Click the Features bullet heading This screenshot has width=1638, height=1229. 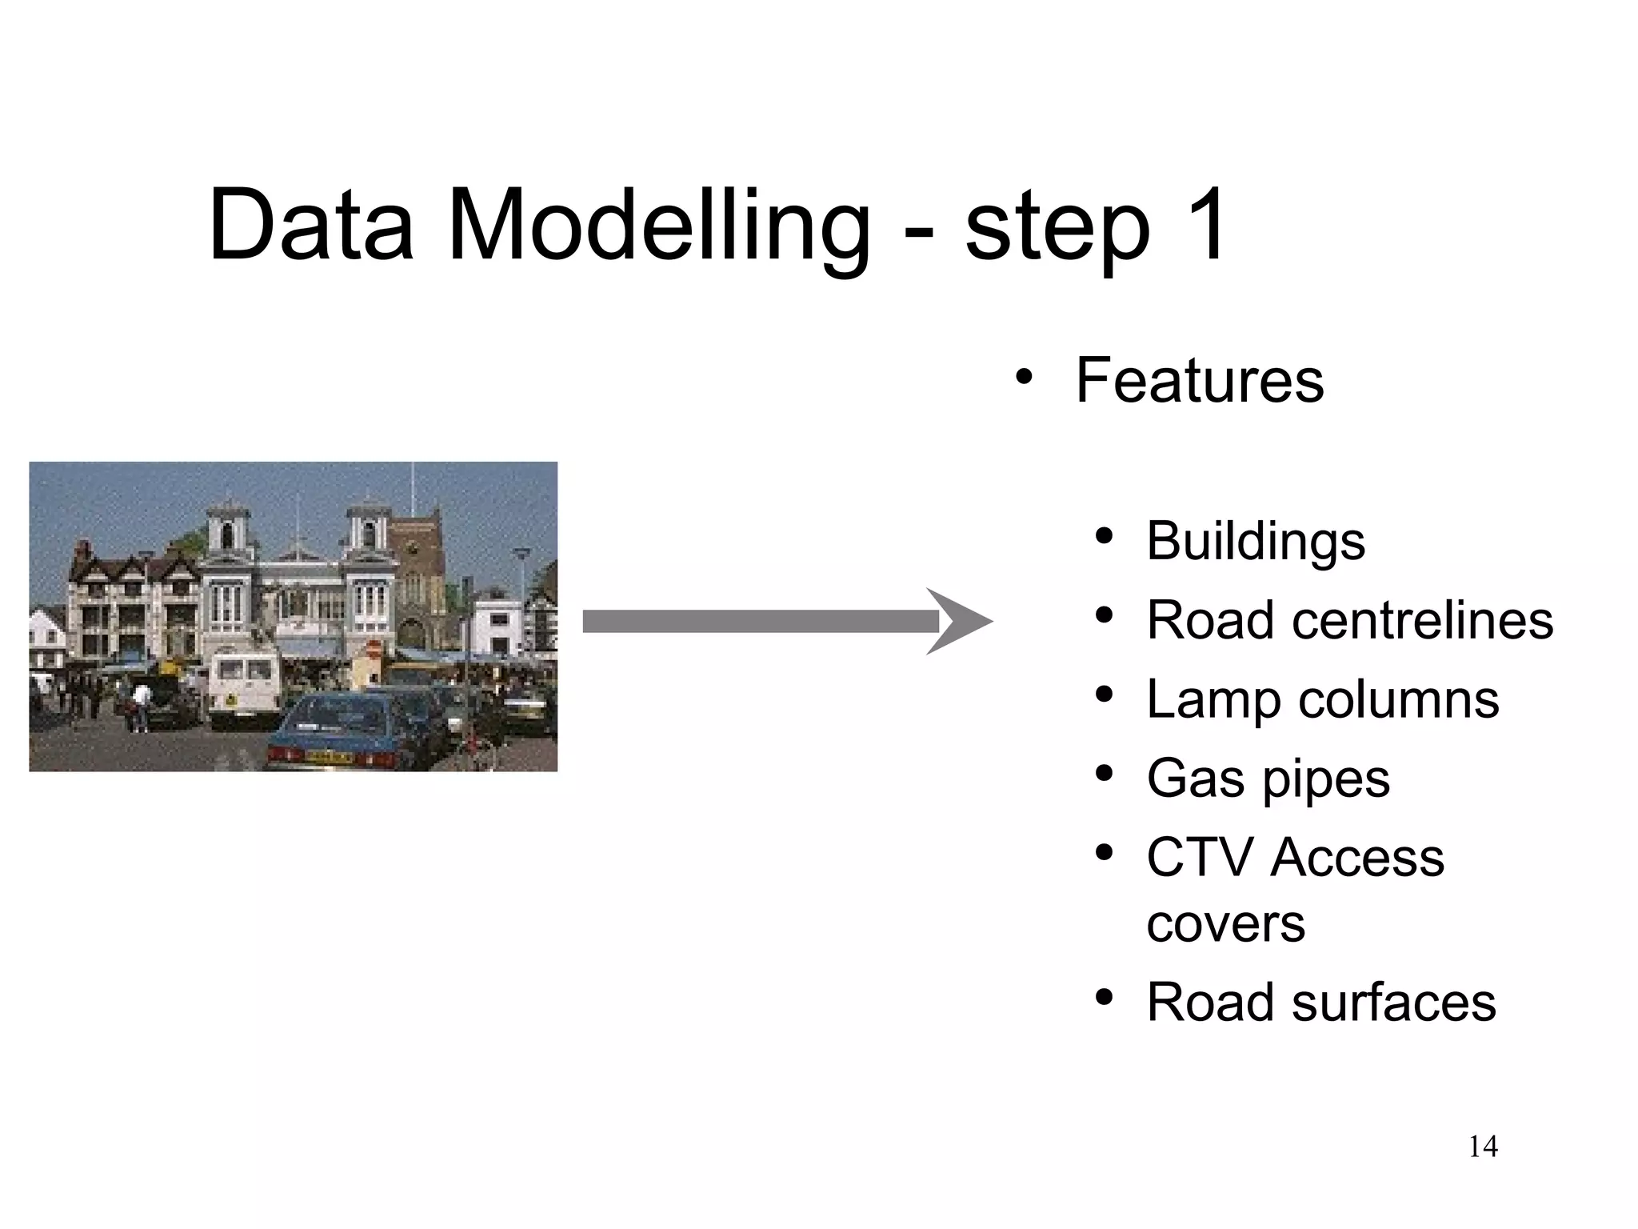pyautogui.click(x=1199, y=380)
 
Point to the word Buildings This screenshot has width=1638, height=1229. pyautogui.click(x=1255, y=542)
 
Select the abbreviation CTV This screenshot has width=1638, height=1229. pyautogui.click(x=1201, y=859)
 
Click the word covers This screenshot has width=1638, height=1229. pyautogui.click(x=1225, y=925)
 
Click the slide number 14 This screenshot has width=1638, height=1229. pyautogui.click(x=1483, y=1147)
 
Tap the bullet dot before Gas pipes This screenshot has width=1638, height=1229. pyautogui.click(x=1105, y=775)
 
